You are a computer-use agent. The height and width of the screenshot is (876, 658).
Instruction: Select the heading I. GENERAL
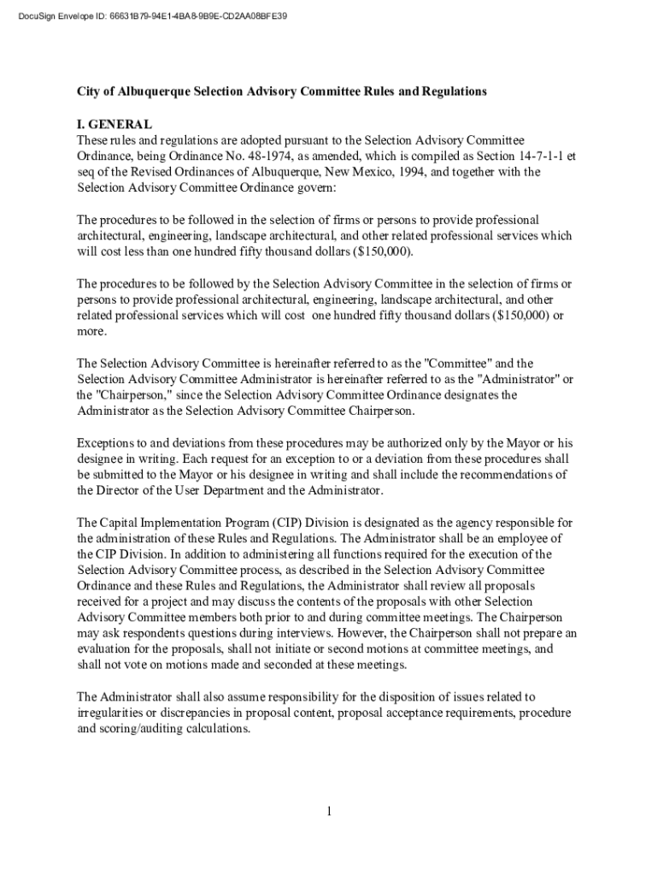tap(115, 124)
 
